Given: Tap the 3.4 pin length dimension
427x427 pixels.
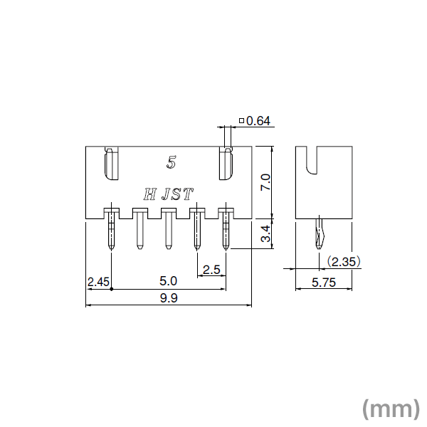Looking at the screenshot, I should tap(265, 233).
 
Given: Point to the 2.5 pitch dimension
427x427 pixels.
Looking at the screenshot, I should tap(211, 270).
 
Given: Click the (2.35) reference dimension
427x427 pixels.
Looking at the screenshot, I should tap(344, 262).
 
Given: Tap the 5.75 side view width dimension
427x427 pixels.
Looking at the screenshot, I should tap(325, 283).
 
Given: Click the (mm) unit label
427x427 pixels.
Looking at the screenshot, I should tap(390, 408).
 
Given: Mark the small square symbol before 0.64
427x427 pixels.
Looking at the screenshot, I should tap(242, 122).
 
